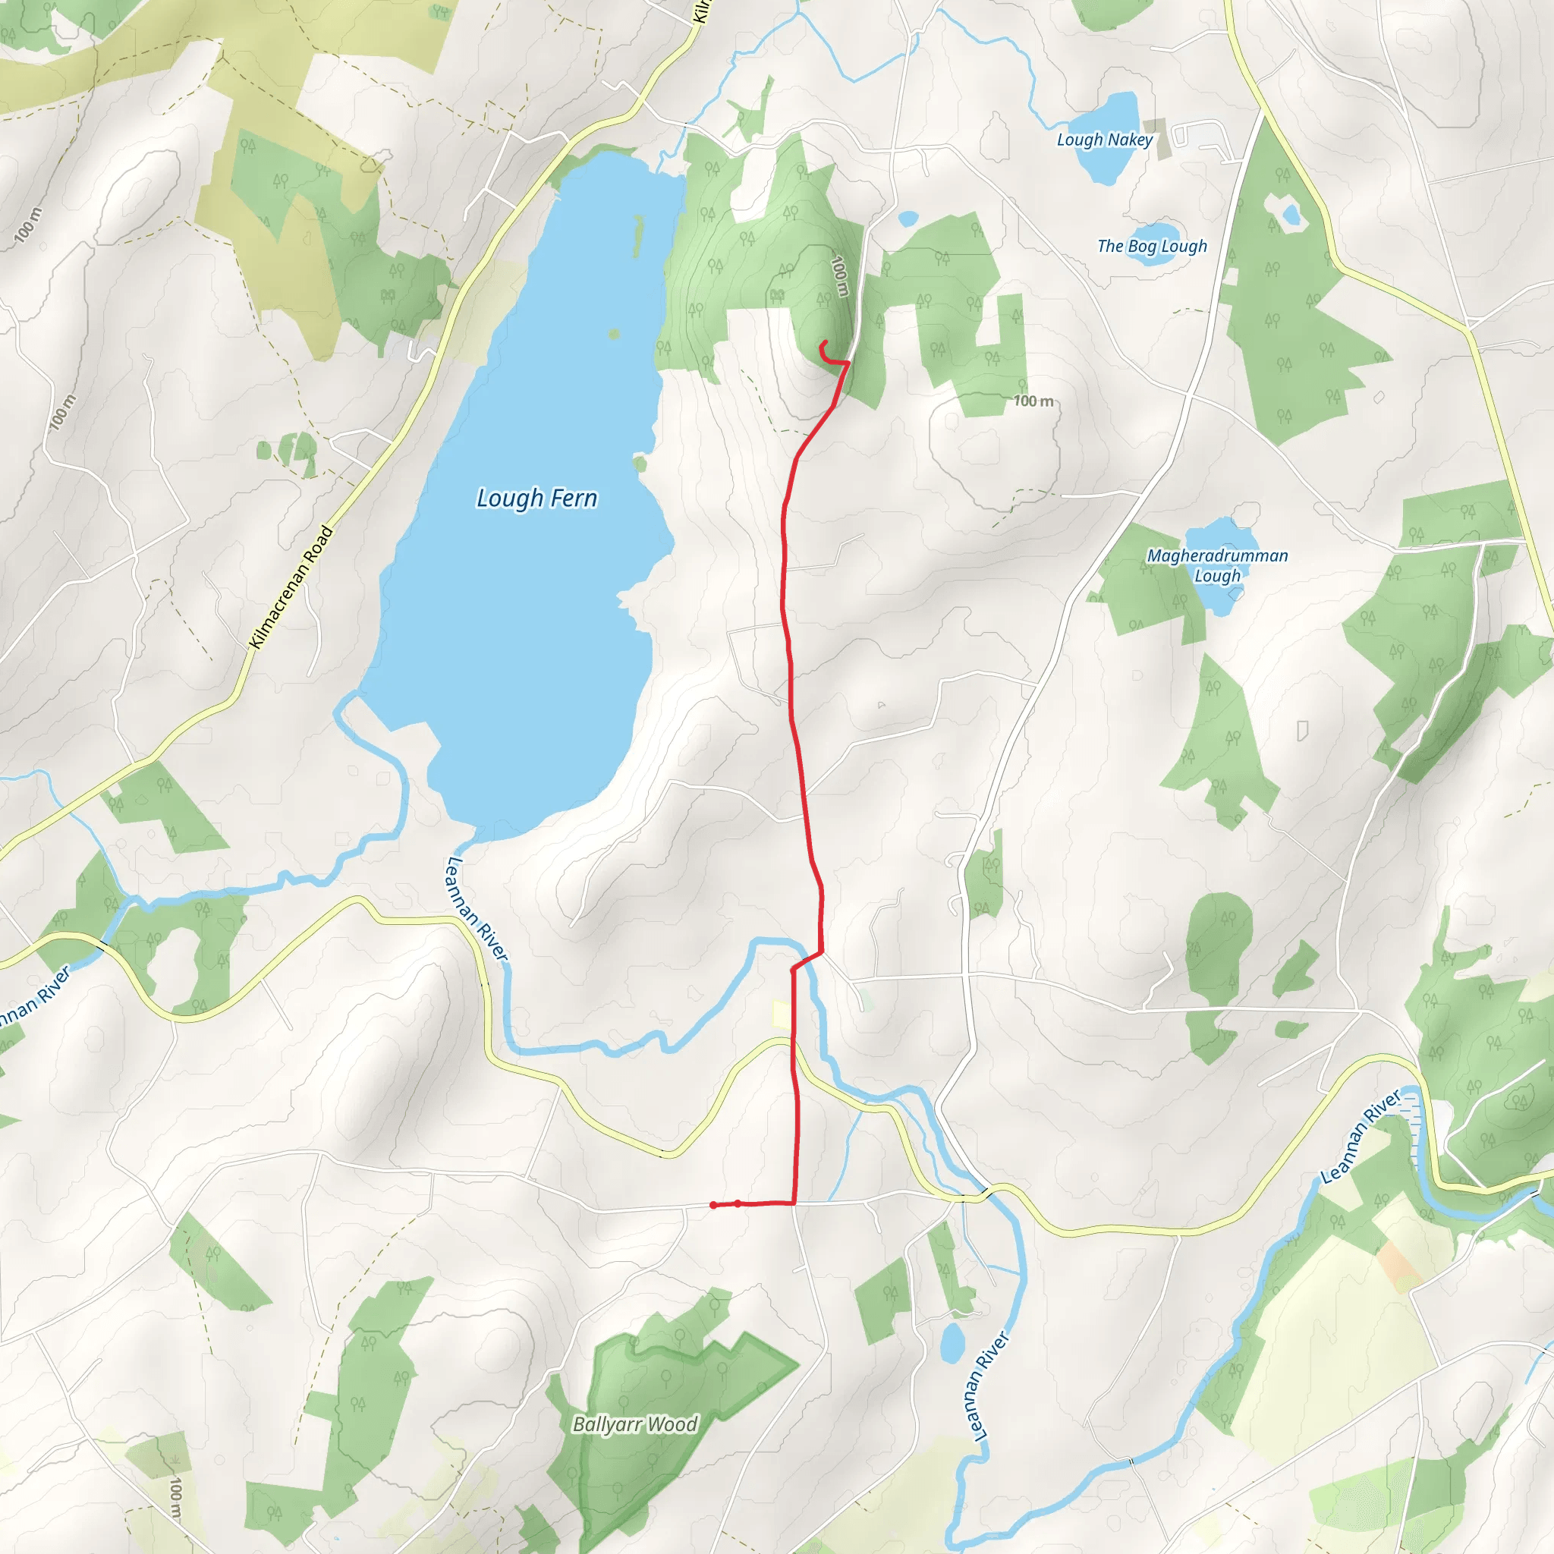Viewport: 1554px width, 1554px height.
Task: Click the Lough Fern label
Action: [x=536, y=499]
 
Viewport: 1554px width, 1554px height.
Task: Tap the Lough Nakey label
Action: [x=1104, y=140]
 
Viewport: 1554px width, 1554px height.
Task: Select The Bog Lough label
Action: [x=1152, y=246]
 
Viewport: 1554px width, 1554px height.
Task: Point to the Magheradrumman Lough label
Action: [x=1217, y=565]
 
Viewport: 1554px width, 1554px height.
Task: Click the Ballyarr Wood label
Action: [x=634, y=1423]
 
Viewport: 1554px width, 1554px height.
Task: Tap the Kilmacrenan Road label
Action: [x=291, y=587]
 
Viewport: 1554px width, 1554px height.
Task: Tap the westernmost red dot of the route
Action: [x=713, y=1205]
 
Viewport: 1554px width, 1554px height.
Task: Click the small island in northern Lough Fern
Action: [x=615, y=334]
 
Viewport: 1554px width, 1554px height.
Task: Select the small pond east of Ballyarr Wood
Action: [x=952, y=1342]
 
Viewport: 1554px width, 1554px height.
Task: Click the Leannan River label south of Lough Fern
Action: [x=477, y=908]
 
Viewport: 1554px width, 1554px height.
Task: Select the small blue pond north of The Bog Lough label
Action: [x=908, y=218]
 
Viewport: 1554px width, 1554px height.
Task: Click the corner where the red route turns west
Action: [x=794, y=1203]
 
